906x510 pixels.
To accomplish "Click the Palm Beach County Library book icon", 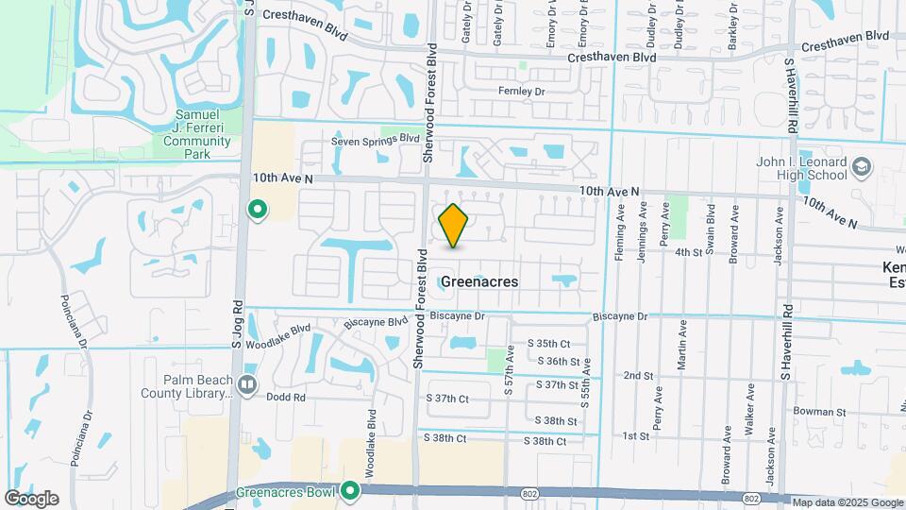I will click(x=247, y=384).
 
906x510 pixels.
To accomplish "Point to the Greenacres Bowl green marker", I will click(x=351, y=490).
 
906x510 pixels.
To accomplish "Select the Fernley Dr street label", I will click(x=522, y=92).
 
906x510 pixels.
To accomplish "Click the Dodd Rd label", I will click(x=286, y=398).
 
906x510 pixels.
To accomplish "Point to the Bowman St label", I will click(x=819, y=412).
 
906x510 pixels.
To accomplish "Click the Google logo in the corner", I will click(x=31, y=499).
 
